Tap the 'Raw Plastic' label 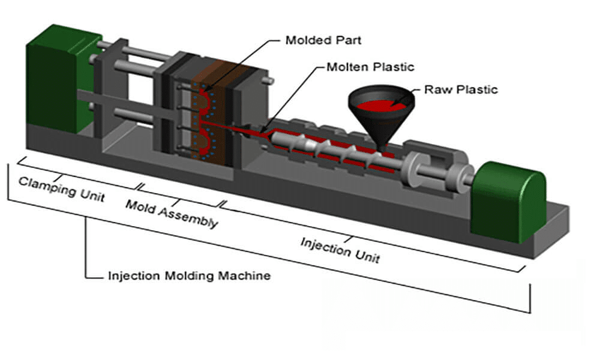[461, 90]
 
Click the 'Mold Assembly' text [172, 213]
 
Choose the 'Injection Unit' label [340, 250]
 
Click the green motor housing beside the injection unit [507, 201]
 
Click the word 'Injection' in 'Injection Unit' [324, 245]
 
